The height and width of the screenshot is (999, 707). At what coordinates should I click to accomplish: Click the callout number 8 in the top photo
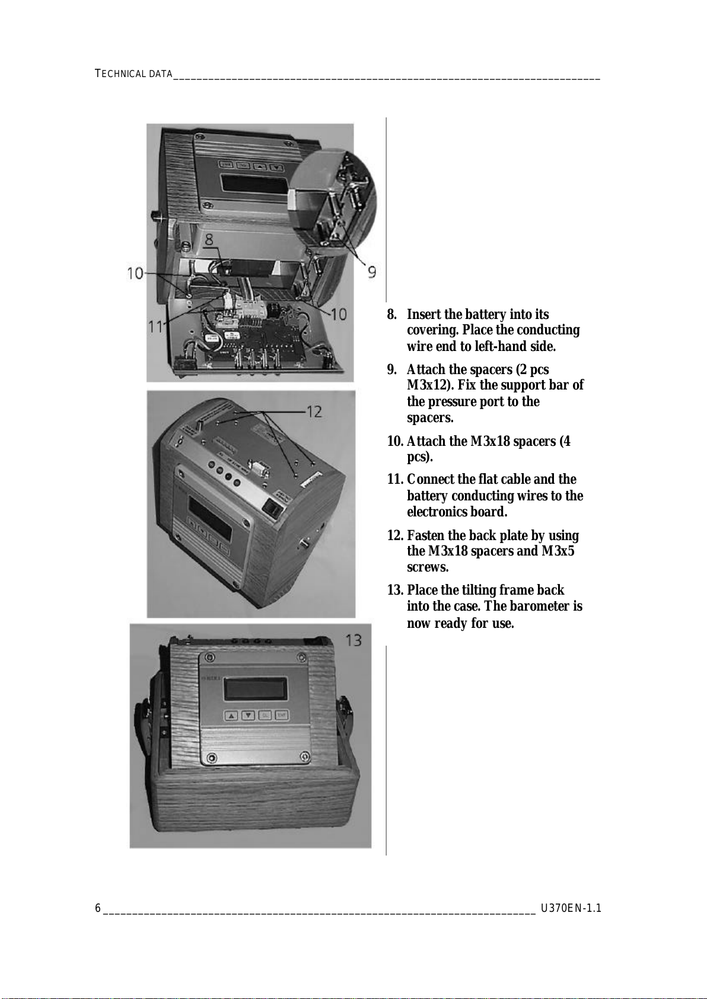point(209,240)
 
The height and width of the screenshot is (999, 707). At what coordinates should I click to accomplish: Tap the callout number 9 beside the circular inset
point(371,272)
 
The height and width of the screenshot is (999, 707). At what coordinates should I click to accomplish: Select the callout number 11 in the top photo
point(155,327)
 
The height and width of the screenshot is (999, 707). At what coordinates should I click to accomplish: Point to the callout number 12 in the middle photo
point(314,411)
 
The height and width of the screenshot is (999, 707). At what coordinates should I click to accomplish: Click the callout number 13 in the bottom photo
point(353,640)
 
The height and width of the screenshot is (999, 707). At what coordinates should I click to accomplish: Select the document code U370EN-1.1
point(571,908)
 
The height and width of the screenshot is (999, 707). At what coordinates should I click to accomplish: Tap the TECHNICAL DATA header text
point(133,74)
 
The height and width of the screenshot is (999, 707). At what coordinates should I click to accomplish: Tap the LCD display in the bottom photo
point(256,689)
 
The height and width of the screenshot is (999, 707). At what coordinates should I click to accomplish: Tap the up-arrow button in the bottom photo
point(231,716)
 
